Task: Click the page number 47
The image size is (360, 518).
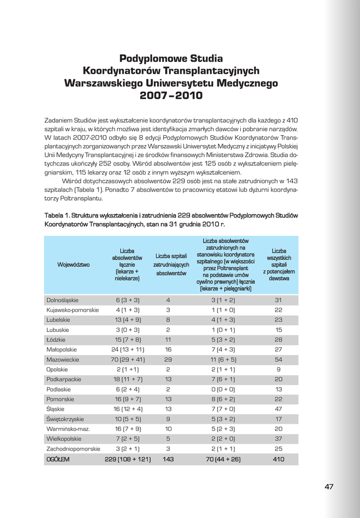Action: click(329, 487)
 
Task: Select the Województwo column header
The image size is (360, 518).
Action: click(73, 265)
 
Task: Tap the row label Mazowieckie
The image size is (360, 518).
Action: click(62, 360)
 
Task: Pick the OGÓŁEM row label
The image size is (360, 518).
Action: click(58, 459)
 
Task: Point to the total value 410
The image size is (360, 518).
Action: click(279, 459)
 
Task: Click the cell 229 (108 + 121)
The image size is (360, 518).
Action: click(127, 459)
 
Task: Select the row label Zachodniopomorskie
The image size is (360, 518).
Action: click(73, 449)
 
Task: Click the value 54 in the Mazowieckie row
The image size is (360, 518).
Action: click(279, 360)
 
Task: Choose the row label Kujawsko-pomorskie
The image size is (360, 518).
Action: click(73, 310)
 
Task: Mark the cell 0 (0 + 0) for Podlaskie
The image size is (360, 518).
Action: click(223, 390)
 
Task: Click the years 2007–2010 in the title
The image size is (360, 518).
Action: click(171, 95)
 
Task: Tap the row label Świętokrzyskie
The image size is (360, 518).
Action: click(65, 419)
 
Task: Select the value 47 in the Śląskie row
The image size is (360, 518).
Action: click(279, 409)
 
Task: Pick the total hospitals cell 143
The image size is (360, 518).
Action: click(168, 459)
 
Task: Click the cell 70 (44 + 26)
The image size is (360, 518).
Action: click(223, 459)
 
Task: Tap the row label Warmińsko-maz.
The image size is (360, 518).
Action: click(65, 429)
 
